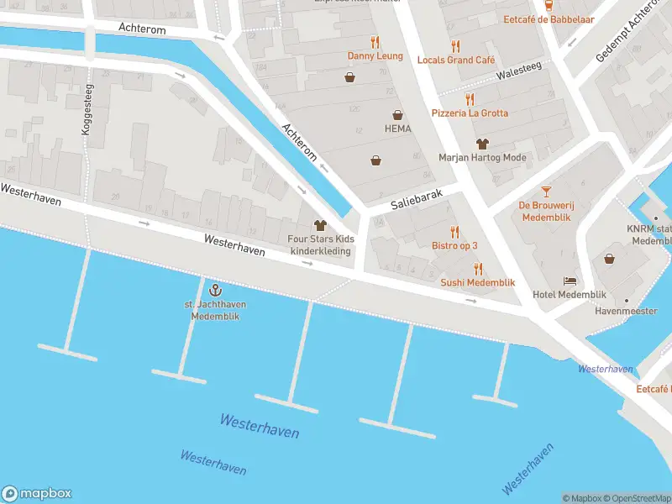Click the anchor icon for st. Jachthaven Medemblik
coord(214,290)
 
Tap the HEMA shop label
coord(396,129)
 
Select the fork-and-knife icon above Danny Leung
coord(375,42)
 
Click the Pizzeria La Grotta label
coord(470,113)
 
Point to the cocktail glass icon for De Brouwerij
coord(546,192)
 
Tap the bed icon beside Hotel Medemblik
coord(570,281)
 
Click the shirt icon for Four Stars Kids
coord(319,225)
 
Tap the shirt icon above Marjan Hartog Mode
coord(481,144)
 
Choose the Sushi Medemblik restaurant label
coord(477,282)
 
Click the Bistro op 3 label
coord(454,245)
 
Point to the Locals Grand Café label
coord(456,60)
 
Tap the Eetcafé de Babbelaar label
coord(538,18)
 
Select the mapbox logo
coord(37,494)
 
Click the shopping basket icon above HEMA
coord(396,114)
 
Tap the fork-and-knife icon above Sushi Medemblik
coord(478,269)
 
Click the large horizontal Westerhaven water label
coord(260,426)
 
